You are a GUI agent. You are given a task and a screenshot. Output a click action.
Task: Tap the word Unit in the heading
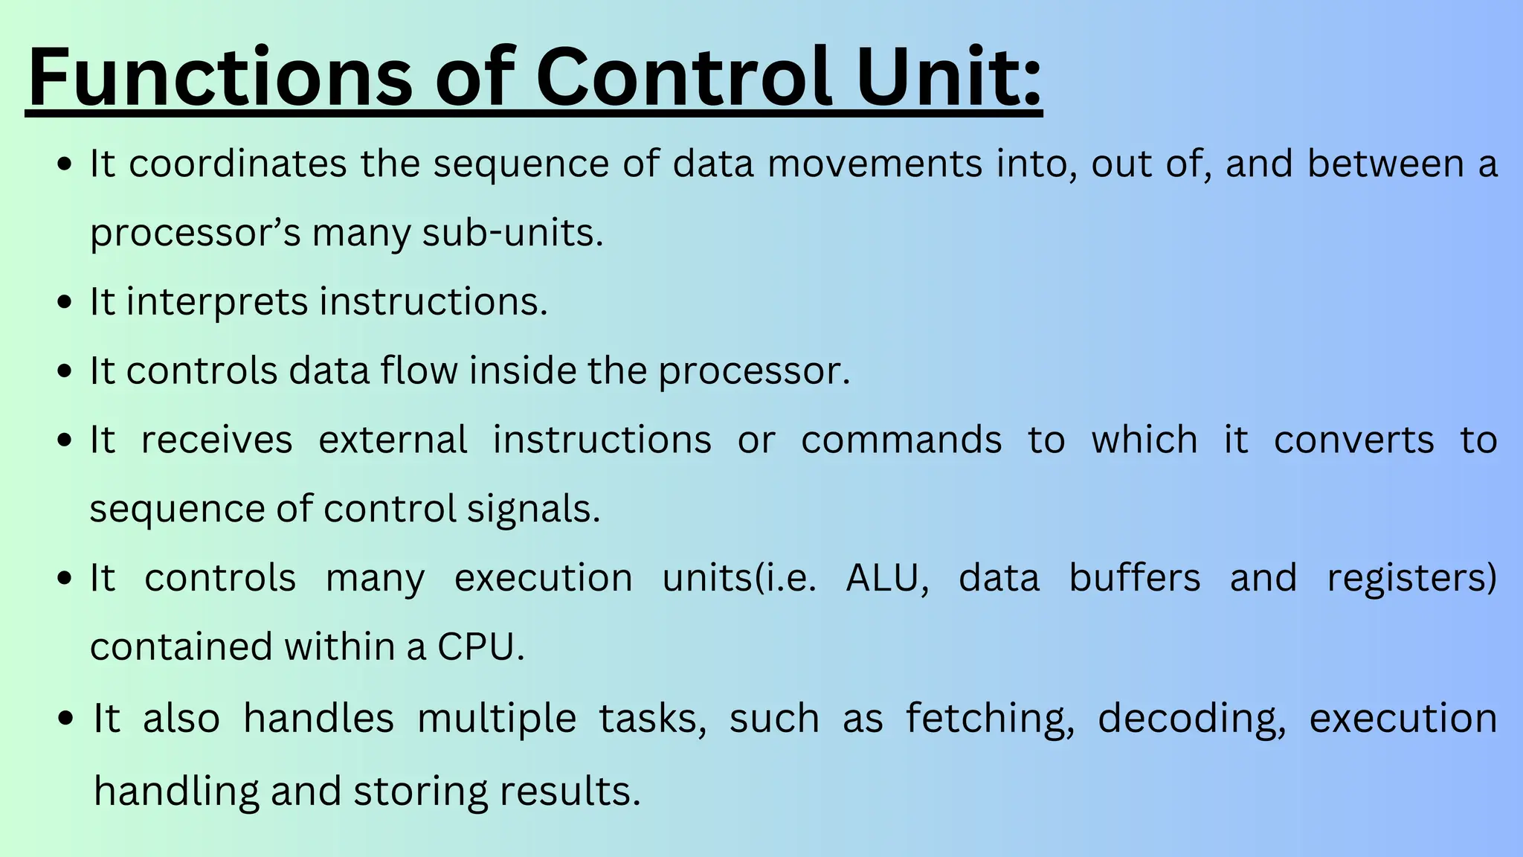pyautogui.click(x=949, y=77)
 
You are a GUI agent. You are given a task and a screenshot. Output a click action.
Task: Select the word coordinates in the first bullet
pyautogui.click(x=237, y=164)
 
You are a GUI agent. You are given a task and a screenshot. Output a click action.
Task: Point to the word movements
pyautogui.click(x=875, y=164)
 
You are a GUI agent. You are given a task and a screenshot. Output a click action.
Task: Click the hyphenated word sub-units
pyautogui.click(x=512, y=233)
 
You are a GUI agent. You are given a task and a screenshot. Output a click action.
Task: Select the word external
pyautogui.click(x=393, y=440)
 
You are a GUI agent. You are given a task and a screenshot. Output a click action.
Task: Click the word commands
pyautogui.click(x=901, y=440)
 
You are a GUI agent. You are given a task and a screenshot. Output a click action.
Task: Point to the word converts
pyautogui.click(x=1353, y=440)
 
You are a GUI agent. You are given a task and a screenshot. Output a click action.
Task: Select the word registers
pyautogui.click(x=1411, y=578)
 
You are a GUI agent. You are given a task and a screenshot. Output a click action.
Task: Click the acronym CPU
pyautogui.click(x=480, y=646)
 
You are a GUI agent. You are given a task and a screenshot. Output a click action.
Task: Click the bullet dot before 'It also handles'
pyautogui.click(x=66, y=719)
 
